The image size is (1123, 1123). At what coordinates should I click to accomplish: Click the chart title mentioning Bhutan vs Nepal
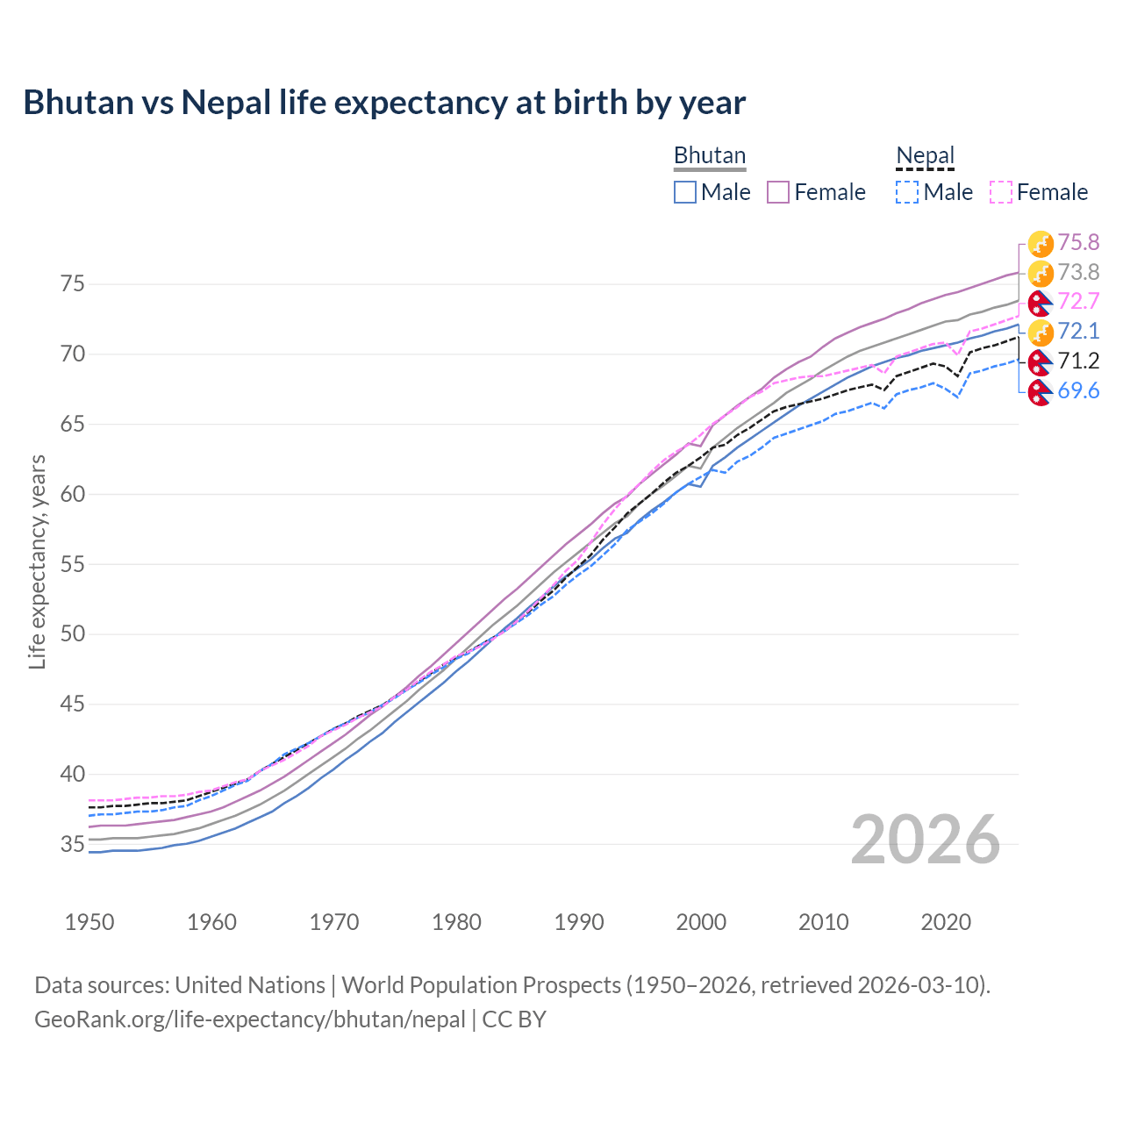[x=384, y=103]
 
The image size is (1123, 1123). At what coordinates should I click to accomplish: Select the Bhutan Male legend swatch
[x=685, y=192]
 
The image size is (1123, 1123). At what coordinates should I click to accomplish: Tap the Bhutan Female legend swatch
[x=778, y=192]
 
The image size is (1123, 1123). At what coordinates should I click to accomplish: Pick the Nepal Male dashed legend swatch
[x=907, y=192]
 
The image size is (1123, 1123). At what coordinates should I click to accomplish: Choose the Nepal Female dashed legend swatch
[x=1001, y=192]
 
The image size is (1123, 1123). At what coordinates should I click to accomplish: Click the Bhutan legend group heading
[x=709, y=155]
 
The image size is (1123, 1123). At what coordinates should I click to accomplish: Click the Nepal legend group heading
[x=925, y=155]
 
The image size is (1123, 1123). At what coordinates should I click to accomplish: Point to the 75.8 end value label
[x=1078, y=242]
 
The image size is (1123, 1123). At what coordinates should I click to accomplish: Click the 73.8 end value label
[x=1078, y=272]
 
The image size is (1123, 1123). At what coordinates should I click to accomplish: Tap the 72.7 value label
[x=1078, y=302]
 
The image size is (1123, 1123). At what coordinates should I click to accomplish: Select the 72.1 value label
[x=1078, y=331]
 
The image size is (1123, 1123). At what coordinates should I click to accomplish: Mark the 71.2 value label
[x=1078, y=361]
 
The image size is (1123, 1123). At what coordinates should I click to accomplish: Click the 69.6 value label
[x=1078, y=390]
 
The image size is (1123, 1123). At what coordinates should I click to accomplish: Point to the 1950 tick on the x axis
[x=89, y=922]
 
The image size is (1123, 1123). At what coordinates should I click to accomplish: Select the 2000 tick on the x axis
[x=701, y=922]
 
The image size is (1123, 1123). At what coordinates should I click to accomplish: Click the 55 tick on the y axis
[x=72, y=564]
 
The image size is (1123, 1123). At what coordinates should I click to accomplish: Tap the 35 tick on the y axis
[x=72, y=844]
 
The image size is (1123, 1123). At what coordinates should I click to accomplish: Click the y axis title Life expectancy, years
[x=37, y=561]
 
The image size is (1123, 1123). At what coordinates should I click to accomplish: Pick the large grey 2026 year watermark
[x=926, y=840]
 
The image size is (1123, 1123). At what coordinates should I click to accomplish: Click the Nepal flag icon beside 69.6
[x=1040, y=392]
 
